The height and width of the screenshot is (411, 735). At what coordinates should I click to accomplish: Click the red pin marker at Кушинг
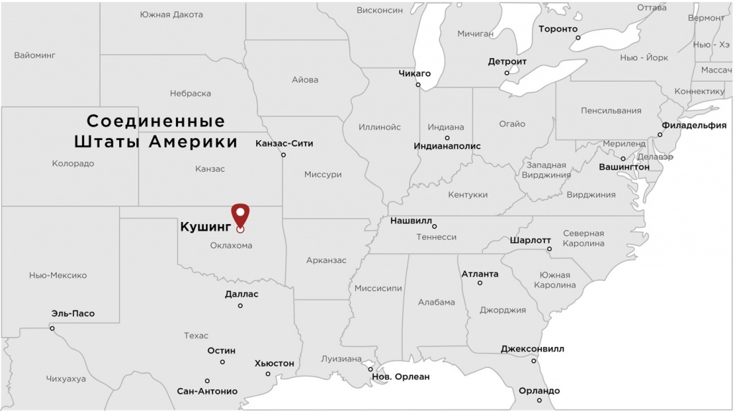tap(240, 215)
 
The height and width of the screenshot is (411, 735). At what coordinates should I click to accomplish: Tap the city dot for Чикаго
tap(418, 85)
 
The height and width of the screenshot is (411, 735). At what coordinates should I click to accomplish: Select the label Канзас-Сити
tap(284, 143)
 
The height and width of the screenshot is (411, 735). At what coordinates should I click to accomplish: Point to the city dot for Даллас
tap(240, 306)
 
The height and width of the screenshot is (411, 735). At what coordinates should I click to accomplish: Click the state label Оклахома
tap(231, 246)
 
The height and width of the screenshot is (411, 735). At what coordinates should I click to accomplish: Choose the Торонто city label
tap(558, 29)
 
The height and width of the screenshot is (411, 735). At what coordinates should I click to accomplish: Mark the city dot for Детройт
tap(507, 73)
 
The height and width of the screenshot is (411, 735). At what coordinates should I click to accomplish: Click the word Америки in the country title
tap(193, 142)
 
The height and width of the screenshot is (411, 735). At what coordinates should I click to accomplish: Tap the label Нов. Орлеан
tap(401, 377)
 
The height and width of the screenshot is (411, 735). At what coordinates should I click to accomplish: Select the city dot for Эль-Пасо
tap(52, 328)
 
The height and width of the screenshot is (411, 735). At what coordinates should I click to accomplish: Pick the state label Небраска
tap(190, 93)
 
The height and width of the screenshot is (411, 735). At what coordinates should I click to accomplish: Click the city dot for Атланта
tap(480, 283)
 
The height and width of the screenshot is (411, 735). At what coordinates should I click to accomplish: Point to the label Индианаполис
tap(447, 146)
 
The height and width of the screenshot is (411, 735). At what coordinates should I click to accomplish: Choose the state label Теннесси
tap(436, 236)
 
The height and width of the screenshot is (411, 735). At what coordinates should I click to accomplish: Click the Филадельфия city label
tap(693, 124)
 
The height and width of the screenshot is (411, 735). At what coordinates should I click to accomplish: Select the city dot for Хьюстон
tap(268, 374)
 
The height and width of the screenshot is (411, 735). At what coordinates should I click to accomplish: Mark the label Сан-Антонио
tap(207, 392)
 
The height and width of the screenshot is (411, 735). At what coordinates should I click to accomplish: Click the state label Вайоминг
tap(34, 55)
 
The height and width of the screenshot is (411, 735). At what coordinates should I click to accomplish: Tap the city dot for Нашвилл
tap(434, 227)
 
